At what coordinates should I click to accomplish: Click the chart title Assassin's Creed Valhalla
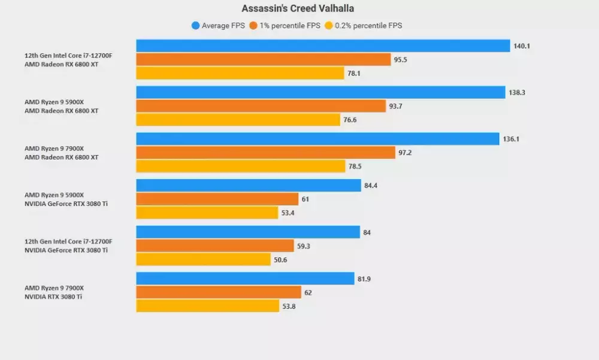point(298,8)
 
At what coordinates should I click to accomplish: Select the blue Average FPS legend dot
point(195,25)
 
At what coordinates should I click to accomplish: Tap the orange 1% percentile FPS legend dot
point(254,25)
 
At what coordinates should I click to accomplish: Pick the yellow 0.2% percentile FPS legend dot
point(328,25)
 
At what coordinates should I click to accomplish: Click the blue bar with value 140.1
point(323,46)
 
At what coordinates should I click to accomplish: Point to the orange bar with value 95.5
point(264,60)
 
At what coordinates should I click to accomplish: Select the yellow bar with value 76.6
point(238,120)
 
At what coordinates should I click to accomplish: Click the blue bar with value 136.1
point(317,139)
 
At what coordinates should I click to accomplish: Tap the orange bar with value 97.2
point(265,153)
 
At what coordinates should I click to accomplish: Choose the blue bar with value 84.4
point(249,186)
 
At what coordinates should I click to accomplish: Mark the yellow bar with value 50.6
point(204,259)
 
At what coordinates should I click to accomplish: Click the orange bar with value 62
point(219,292)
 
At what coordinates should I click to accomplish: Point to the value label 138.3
point(518,92)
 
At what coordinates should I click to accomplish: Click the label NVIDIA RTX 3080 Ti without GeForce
point(53,297)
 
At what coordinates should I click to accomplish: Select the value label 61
point(305,199)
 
